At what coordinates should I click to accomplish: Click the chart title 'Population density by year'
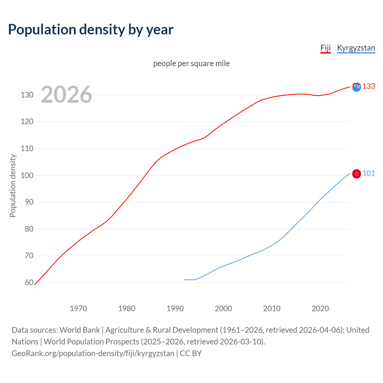click(x=91, y=30)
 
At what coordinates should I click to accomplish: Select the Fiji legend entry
click(x=325, y=48)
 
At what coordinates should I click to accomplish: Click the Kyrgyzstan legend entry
click(x=356, y=48)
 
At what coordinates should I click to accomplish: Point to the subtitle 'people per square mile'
click(x=191, y=64)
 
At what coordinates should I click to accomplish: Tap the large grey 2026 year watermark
click(x=66, y=95)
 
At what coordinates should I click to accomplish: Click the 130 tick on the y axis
click(x=27, y=95)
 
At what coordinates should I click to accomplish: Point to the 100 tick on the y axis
click(x=27, y=175)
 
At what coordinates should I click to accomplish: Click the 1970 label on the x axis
click(x=78, y=308)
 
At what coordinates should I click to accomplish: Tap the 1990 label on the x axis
click(x=175, y=308)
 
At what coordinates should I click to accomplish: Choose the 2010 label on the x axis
click(x=272, y=308)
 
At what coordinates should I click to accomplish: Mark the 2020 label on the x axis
click(x=320, y=308)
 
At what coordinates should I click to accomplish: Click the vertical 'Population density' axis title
click(x=13, y=186)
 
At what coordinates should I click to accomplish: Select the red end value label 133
click(x=369, y=86)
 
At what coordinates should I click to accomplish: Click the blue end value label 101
click(x=369, y=174)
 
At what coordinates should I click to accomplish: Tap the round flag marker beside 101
click(x=356, y=174)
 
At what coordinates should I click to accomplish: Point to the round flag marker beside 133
click(x=356, y=87)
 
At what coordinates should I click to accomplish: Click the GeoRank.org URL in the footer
click(x=93, y=353)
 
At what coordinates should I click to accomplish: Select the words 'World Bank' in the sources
click(x=80, y=330)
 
